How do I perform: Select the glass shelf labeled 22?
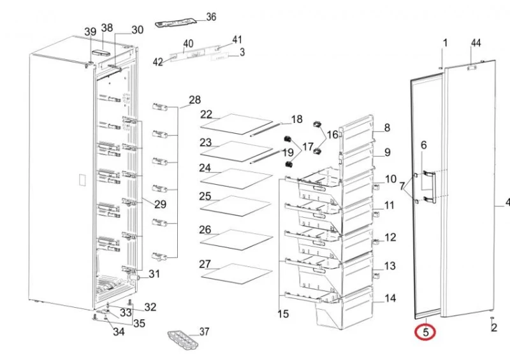[235, 123]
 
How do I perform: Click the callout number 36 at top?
[211, 17]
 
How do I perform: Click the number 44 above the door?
[476, 43]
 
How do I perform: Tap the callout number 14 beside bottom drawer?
[390, 298]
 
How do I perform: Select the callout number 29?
[160, 204]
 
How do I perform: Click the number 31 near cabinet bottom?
[154, 275]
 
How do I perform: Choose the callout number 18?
[296, 119]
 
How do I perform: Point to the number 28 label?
[194, 100]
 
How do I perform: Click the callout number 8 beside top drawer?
[387, 127]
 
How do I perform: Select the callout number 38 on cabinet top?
[107, 27]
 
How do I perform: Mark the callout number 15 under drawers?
[284, 313]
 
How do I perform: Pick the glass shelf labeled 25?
[236, 205]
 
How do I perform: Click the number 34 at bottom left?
[119, 331]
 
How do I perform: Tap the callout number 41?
[237, 40]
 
